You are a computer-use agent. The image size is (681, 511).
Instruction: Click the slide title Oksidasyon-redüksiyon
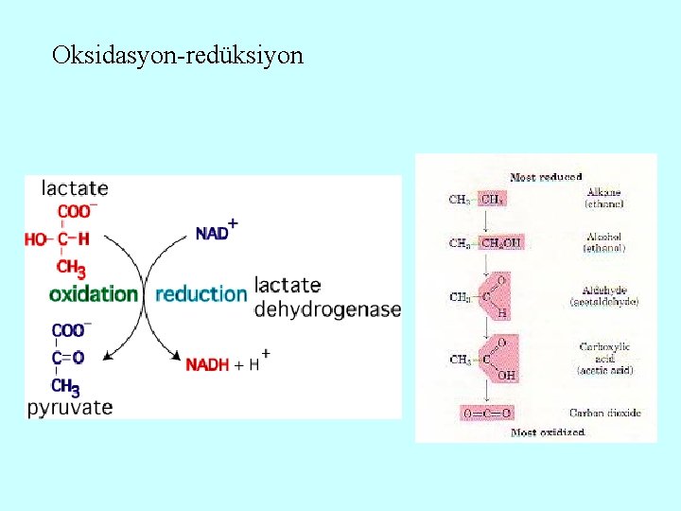tap(178, 55)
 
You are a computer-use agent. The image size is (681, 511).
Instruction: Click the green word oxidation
tap(94, 294)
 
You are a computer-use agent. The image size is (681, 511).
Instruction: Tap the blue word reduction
tap(201, 294)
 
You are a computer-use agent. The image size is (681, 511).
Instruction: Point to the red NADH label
tap(207, 364)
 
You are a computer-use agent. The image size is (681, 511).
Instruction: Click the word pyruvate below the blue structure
tap(70, 408)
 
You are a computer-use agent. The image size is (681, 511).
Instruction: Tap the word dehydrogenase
tap(327, 309)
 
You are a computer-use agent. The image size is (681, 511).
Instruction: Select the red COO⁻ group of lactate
tap(77, 212)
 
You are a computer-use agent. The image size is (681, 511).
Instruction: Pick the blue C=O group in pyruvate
tap(68, 358)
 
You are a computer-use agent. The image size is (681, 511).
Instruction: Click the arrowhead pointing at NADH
tap(176, 357)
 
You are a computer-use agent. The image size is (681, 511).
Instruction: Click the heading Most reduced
tap(546, 177)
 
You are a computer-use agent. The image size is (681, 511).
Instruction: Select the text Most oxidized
tap(548, 432)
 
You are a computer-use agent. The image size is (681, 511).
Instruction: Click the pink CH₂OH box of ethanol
tap(501, 243)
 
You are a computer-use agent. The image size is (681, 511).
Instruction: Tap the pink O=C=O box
tap(485, 414)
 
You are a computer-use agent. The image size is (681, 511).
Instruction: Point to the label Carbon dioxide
tap(605, 414)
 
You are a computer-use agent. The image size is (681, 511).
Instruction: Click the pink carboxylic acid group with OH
tap(500, 361)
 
